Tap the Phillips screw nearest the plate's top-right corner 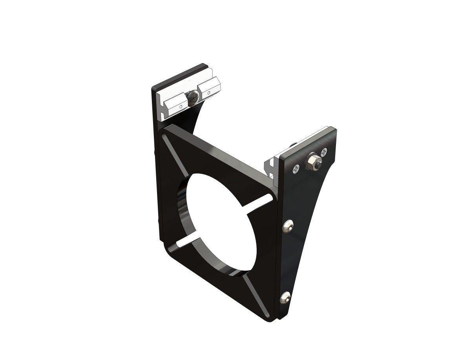pos(324,151)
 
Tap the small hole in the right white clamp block pos(208,93)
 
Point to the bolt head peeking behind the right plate pos(294,146)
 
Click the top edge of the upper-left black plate pos(179,75)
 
